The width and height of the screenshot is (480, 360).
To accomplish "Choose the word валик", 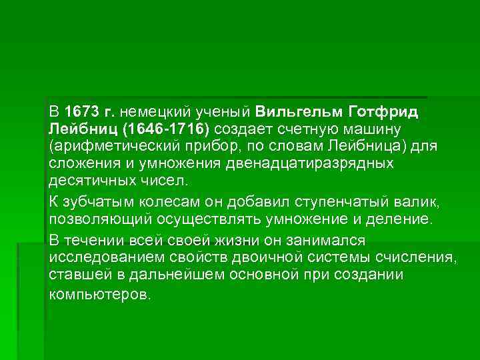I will pyautogui.click(x=403, y=202).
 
